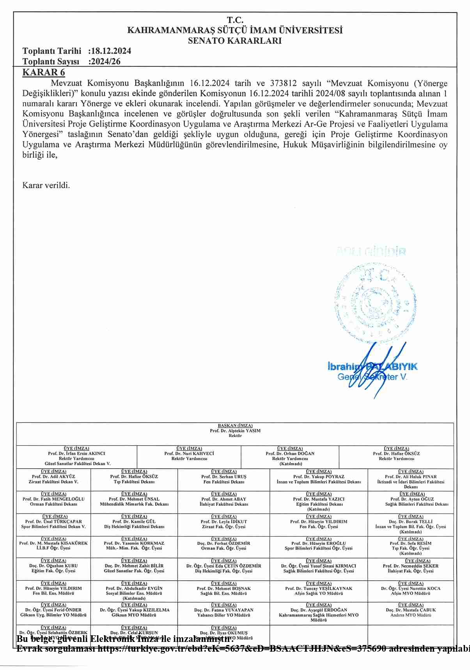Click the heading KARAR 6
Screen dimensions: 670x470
tap(44, 72)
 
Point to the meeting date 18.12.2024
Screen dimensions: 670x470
tap(111, 51)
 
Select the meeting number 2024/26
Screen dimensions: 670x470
tap(105, 61)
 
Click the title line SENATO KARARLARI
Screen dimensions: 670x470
tap(235, 41)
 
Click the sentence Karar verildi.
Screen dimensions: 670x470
tap(46, 185)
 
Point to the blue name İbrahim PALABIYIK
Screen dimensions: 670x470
tap(372, 366)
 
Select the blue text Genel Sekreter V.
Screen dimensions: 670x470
tap(372, 377)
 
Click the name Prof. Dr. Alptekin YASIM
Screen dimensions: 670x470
tap(235, 431)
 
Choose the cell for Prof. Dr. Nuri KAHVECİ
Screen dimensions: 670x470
tap(189, 456)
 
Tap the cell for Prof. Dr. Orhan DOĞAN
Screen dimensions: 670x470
tap(290, 456)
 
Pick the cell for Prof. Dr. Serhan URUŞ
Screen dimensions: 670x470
tap(223, 479)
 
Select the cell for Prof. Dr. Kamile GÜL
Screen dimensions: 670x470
tap(134, 524)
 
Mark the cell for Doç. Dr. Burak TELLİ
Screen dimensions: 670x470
tap(411, 524)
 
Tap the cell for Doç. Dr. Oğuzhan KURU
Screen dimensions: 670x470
tap(53, 568)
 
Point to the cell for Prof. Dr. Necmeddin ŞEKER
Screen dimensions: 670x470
tap(411, 568)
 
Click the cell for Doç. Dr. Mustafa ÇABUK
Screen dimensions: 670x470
tap(411, 612)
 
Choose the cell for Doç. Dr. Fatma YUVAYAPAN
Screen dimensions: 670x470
tap(223, 612)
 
